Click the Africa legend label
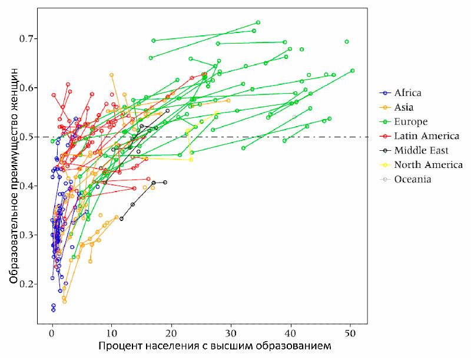click(x=408, y=93)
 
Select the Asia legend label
click(x=404, y=107)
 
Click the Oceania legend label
click(x=412, y=179)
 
